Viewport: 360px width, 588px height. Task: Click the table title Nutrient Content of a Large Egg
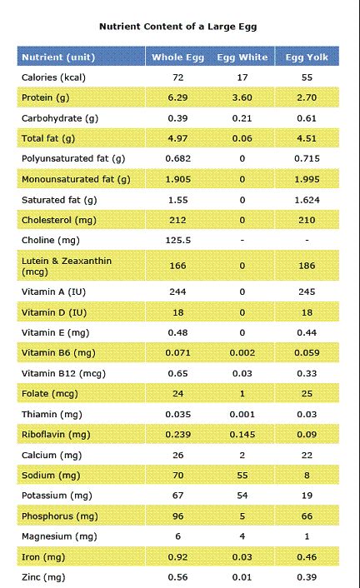click(x=178, y=27)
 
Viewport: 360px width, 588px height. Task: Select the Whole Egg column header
click(x=178, y=57)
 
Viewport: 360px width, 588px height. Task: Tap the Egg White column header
click(x=242, y=57)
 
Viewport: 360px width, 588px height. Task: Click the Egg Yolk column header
click(x=307, y=57)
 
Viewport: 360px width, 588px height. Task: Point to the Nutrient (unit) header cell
click(x=58, y=57)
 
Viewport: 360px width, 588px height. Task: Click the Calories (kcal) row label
click(x=53, y=77)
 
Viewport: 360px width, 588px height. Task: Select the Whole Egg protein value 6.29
click(x=178, y=98)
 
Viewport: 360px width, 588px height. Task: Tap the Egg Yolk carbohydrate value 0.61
click(x=307, y=118)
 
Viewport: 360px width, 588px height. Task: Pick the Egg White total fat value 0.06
click(x=242, y=139)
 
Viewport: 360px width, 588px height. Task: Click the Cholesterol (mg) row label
click(x=59, y=220)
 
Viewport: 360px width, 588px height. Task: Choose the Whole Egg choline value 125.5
click(x=178, y=241)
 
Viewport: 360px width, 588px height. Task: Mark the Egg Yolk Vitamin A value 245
click(x=307, y=292)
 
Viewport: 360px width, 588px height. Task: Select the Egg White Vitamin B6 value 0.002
click(x=242, y=353)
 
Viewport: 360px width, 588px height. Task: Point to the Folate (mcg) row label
click(x=50, y=394)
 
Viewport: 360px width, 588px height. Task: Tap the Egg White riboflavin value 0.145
click(x=242, y=435)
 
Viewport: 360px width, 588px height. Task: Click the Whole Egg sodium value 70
click(x=178, y=476)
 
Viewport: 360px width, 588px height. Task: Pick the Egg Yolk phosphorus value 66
click(x=307, y=516)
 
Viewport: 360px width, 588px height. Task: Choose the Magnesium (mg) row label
click(x=59, y=536)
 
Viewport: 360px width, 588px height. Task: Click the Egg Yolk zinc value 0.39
click(x=307, y=577)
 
